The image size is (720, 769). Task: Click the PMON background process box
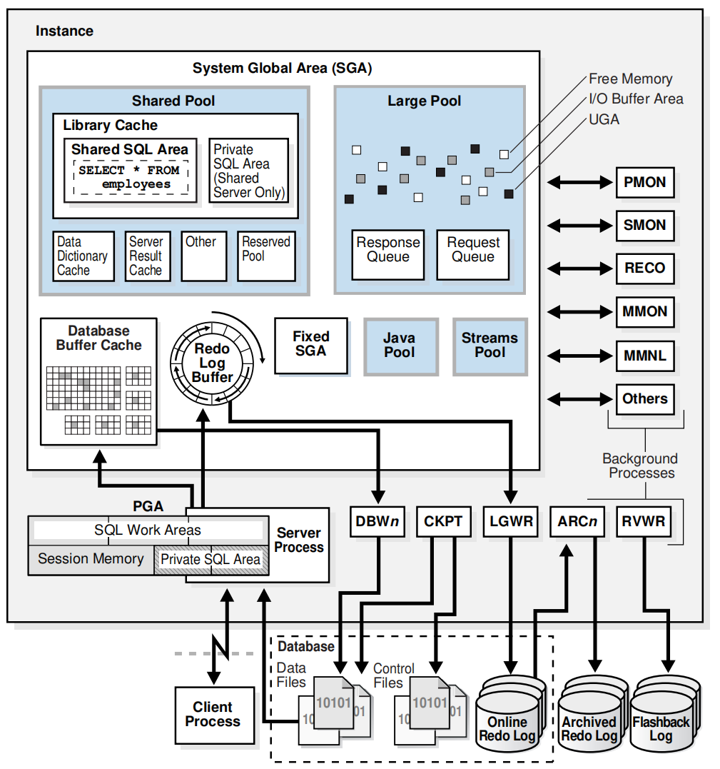click(x=644, y=183)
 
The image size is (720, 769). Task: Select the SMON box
click(x=644, y=226)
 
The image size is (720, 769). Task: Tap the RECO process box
click(x=644, y=268)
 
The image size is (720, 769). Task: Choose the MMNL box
click(x=644, y=355)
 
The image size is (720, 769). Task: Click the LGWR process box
click(x=512, y=521)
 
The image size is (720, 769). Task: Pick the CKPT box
click(x=443, y=521)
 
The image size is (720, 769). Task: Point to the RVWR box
click(x=643, y=521)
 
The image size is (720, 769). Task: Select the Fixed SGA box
click(x=311, y=345)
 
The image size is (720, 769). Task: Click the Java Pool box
click(x=399, y=346)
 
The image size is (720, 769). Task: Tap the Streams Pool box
click(x=490, y=346)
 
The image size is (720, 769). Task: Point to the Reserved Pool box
click(x=266, y=256)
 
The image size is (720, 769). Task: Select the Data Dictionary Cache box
click(x=83, y=256)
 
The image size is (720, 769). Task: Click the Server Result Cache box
click(x=148, y=256)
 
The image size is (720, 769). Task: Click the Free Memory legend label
click(x=630, y=79)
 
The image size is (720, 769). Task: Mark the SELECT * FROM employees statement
click(x=129, y=178)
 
